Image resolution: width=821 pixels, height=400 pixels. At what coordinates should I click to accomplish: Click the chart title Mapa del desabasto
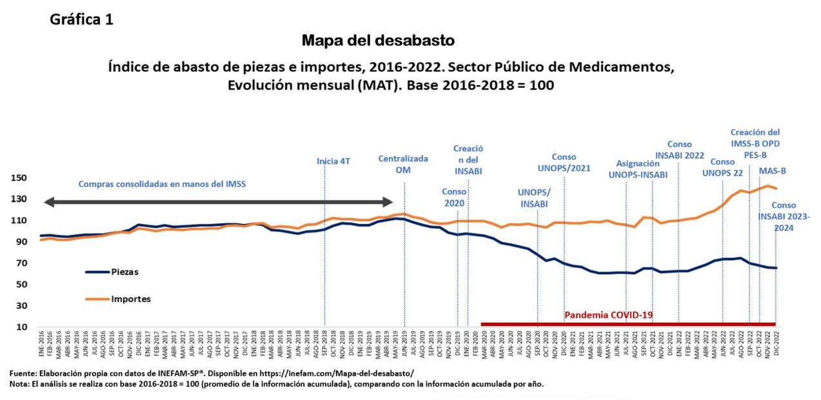[x=378, y=41]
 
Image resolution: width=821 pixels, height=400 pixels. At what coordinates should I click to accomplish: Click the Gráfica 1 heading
[x=82, y=19]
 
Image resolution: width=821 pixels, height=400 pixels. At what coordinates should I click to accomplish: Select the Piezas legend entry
[x=124, y=272]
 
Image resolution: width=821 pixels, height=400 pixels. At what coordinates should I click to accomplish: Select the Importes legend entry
[x=131, y=299]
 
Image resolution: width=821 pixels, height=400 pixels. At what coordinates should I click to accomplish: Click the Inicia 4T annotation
[x=333, y=161]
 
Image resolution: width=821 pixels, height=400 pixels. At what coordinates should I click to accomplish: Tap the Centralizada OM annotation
[x=403, y=164]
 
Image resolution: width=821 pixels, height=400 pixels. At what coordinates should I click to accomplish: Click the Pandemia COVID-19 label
[x=609, y=315]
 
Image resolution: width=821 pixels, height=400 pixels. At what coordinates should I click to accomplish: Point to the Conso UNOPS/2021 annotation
[x=564, y=162]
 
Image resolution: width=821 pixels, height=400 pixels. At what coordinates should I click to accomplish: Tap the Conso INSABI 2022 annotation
[x=679, y=150]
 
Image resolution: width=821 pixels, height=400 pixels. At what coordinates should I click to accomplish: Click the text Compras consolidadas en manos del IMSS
[x=162, y=184]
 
